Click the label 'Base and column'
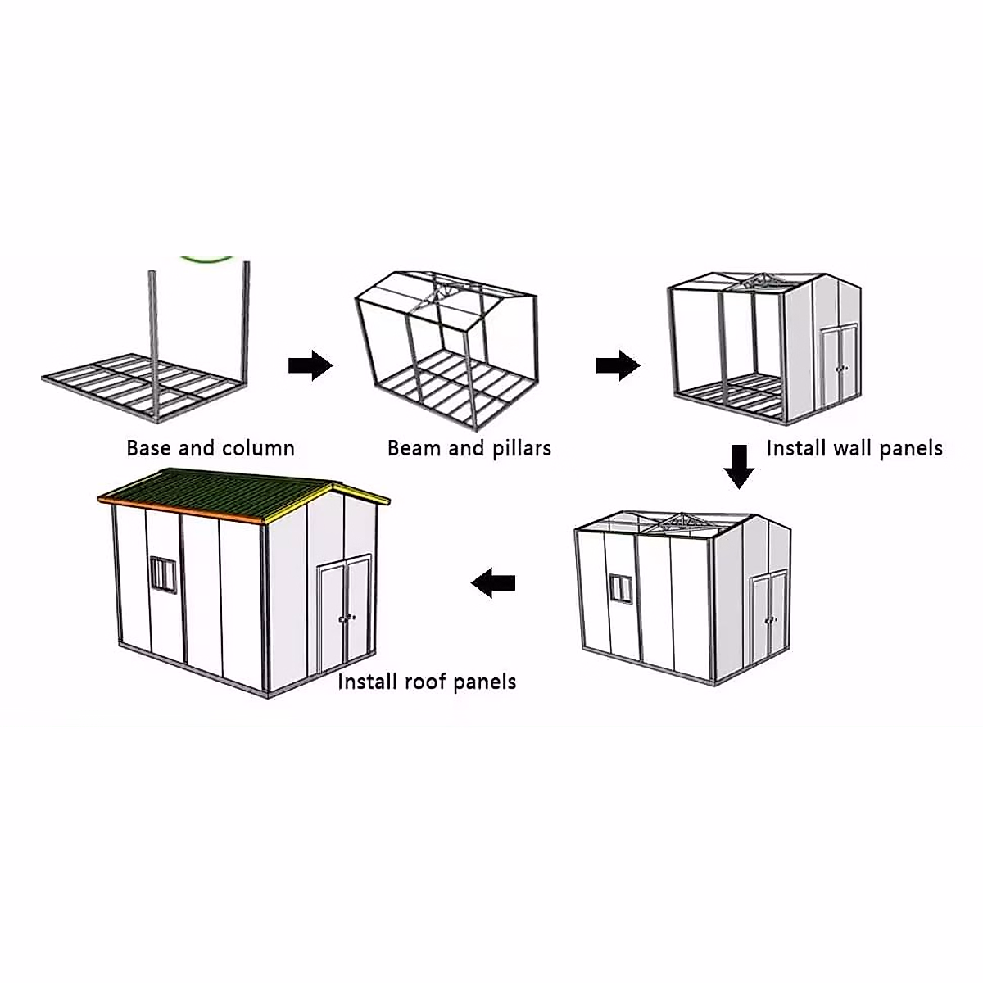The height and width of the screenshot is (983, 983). [210, 448]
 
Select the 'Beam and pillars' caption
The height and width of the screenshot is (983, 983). [469, 448]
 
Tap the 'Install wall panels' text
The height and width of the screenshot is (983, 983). [854, 448]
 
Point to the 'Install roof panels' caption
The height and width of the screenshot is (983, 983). [427, 682]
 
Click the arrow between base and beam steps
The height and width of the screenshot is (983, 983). [310, 365]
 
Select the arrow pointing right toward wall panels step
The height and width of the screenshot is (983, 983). [618, 365]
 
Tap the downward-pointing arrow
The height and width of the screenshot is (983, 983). [739, 466]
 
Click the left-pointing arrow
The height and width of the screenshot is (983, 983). [494, 583]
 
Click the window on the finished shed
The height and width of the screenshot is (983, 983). [163, 573]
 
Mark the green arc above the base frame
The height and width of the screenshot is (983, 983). [208, 258]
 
